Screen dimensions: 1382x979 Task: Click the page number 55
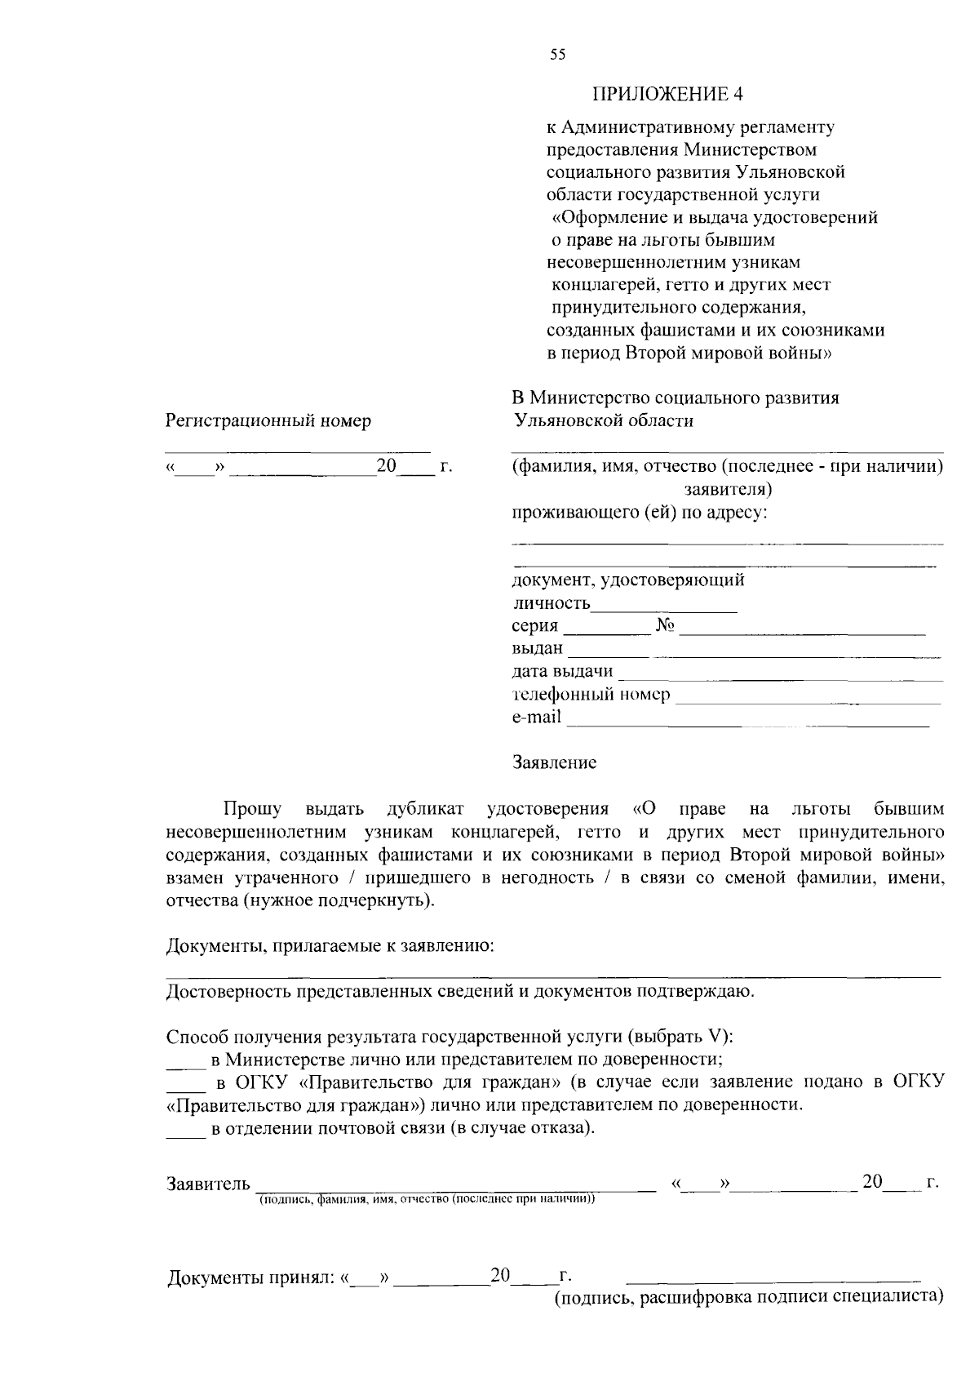tap(557, 55)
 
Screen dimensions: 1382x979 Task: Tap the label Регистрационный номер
tap(268, 420)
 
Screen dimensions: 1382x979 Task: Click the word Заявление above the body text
tap(554, 762)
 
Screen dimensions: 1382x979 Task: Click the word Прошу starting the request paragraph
tap(253, 809)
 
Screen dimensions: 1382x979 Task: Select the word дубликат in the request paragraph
tap(425, 809)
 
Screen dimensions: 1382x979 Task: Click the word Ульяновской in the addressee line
tap(558, 420)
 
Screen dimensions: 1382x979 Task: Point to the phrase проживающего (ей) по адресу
tap(640, 513)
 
